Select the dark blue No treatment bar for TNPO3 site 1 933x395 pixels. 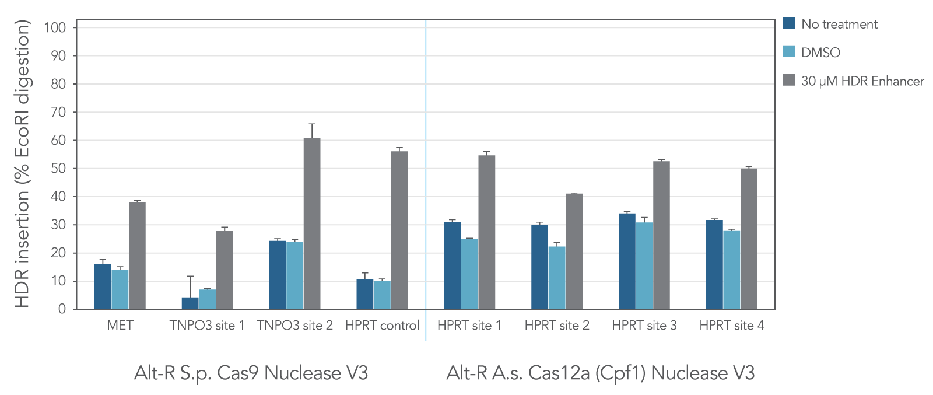tap(190, 303)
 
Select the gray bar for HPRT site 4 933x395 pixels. tap(749, 239)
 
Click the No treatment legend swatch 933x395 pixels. tap(789, 23)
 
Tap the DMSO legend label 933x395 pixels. tap(820, 53)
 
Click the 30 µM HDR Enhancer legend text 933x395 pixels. tap(862, 81)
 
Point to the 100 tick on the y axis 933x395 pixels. tap(55, 27)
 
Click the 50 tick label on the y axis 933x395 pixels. tap(58, 169)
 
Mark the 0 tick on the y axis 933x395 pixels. tap(62, 309)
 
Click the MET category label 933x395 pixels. tap(120, 326)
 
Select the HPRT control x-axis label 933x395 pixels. tap(382, 326)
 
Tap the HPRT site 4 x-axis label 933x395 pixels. tap(731, 326)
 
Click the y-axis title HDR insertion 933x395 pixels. tap(22, 163)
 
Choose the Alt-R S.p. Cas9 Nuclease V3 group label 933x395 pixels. tap(251, 373)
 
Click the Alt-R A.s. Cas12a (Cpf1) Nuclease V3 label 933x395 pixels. tap(600, 373)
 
